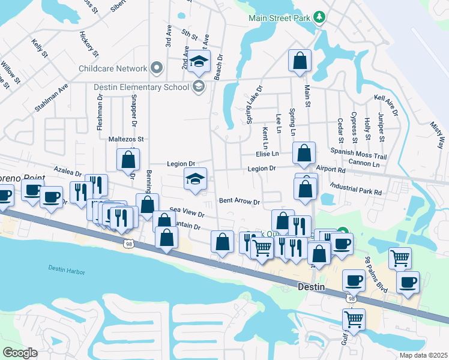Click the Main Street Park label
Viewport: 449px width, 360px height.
point(280,17)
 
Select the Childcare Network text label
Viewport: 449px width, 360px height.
point(113,68)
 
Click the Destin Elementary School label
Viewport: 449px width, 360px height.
point(141,87)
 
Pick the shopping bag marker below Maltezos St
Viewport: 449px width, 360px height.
point(128,160)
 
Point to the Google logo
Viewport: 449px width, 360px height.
point(20,352)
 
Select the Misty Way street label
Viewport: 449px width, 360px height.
point(438,134)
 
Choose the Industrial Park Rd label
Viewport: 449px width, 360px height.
point(352,193)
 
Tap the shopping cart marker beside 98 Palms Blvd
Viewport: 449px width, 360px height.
point(400,259)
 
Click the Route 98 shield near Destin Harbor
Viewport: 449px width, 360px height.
point(129,243)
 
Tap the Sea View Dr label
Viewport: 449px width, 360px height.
point(187,212)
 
